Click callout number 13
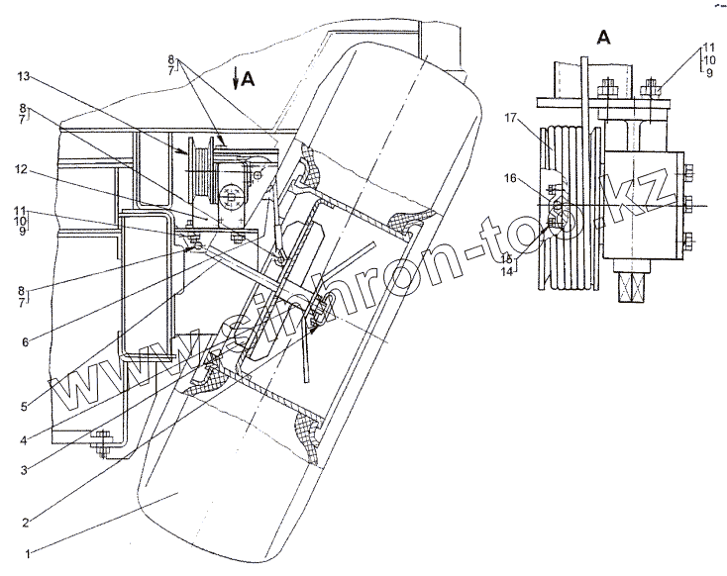click(x=21, y=75)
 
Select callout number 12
click(x=19, y=169)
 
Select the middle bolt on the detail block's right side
click(x=688, y=205)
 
